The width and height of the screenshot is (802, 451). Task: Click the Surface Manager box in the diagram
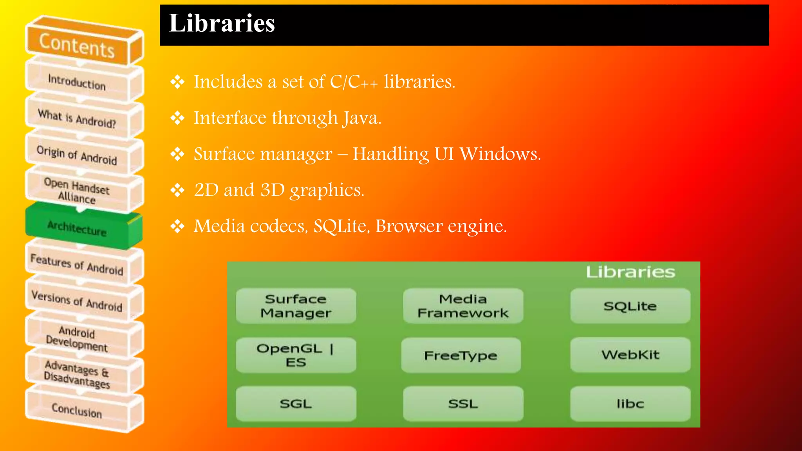click(296, 306)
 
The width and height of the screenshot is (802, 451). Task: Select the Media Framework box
click(463, 306)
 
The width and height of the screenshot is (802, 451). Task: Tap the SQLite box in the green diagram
click(630, 306)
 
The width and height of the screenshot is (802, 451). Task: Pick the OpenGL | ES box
click(296, 355)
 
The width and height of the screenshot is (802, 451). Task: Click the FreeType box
click(461, 355)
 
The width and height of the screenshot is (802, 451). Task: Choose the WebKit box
click(630, 355)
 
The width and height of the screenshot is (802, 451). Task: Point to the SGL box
click(296, 404)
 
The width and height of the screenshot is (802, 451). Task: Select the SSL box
click(463, 404)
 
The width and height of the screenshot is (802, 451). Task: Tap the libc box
click(630, 404)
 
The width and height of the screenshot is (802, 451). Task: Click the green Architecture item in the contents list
click(77, 228)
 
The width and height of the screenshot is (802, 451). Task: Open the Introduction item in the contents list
click(77, 82)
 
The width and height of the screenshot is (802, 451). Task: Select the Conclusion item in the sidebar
click(77, 410)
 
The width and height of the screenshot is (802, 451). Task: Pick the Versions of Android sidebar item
click(77, 301)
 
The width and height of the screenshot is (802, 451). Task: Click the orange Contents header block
click(77, 45)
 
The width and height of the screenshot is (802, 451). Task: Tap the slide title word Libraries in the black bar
click(222, 23)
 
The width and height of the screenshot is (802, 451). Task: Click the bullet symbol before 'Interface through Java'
click(177, 118)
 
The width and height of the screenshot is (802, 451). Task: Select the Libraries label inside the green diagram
click(630, 272)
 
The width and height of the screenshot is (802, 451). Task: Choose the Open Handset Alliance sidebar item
click(77, 191)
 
